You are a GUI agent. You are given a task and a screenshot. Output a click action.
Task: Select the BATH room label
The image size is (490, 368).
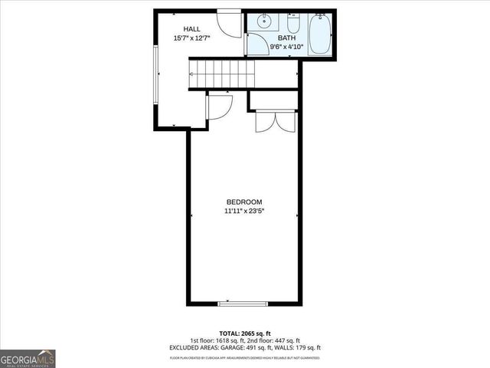click(286, 38)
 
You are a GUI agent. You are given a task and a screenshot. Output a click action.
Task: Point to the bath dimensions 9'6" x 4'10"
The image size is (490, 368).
click(286, 47)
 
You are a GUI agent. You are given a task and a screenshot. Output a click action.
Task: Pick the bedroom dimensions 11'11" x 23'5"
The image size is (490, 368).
click(244, 210)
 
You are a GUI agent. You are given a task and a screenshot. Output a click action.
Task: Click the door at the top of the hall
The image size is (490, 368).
click(229, 21)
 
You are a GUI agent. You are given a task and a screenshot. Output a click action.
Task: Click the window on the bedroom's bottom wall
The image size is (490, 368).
click(243, 304)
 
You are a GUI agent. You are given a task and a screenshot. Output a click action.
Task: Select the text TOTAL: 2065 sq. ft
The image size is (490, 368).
click(245, 333)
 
